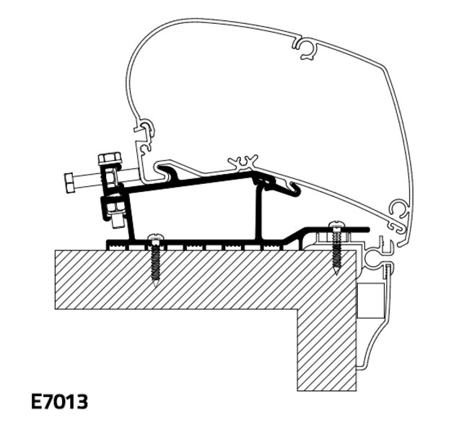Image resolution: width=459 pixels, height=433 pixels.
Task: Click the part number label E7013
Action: (x=59, y=402)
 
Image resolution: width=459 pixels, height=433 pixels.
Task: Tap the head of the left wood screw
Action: (x=154, y=237)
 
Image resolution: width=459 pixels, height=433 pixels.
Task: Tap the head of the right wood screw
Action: (x=336, y=224)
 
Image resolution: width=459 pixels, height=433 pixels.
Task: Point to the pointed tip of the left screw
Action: (x=155, y=286)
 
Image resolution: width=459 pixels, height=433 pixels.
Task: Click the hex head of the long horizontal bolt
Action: (x=69, y=183)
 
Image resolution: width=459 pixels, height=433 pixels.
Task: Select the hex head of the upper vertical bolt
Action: (x=110, y=158)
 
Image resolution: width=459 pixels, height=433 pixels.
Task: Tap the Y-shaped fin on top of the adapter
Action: (x=243, y=163)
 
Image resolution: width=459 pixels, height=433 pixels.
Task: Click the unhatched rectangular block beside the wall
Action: (x=370, y=301)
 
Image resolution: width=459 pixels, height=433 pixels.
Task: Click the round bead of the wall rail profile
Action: (x=373, y=257)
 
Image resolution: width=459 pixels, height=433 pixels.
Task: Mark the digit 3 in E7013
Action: (x=82, y=402)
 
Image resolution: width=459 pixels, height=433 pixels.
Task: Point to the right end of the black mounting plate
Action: (x=367, y=229)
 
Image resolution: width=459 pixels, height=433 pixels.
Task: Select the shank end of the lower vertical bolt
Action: (x=118, y=222)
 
